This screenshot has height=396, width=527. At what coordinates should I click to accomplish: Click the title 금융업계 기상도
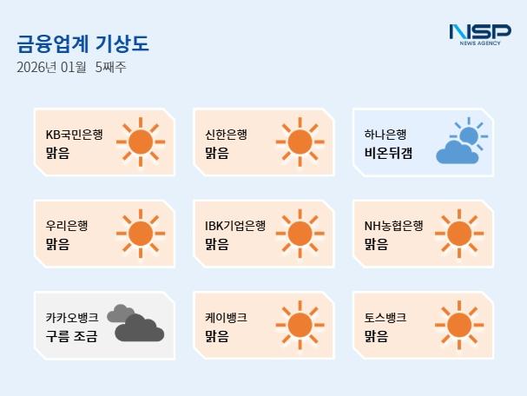click(x=76, y=44)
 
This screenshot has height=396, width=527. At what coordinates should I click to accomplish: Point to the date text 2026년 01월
click(x=51, y=68)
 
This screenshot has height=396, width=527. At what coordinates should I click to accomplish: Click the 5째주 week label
click(x=110, y=68)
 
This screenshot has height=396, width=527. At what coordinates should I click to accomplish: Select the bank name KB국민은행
click(x=74, y=135)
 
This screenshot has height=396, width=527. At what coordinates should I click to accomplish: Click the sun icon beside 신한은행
click(x=298, y=141)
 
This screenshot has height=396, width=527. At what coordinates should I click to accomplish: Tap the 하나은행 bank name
click(x=385, y=135)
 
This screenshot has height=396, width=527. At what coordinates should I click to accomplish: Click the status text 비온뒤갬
click(x=389, y=153)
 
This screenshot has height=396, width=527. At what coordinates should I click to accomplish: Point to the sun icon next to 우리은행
click(x=139, y=232)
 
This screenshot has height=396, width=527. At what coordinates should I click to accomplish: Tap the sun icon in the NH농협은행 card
click(x=458, y=232)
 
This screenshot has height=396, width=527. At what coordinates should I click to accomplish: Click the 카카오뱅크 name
click(x=71, y=317)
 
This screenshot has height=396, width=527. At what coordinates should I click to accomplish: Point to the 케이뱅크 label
click(x=226, y=317)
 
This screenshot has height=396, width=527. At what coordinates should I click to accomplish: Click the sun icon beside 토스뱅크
click(x=458, y=323)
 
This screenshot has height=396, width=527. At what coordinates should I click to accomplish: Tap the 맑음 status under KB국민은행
click(x=57, y=153)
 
